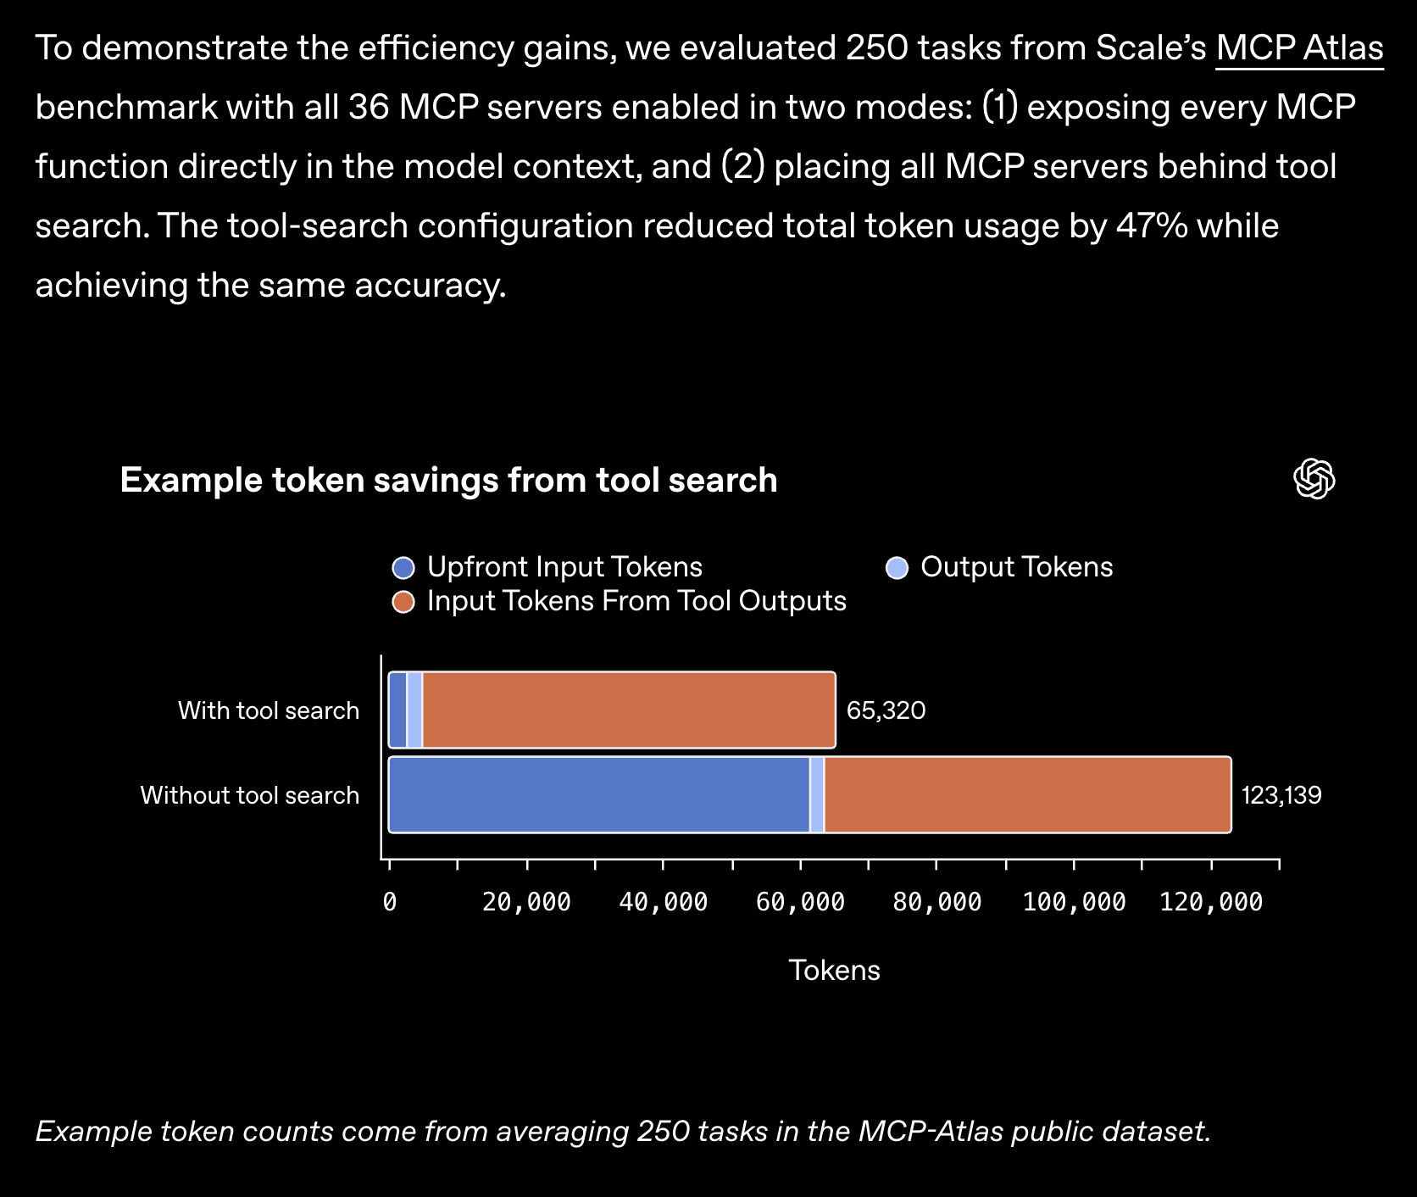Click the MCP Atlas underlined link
point(1299,48)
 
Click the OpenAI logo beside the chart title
point(1314,479)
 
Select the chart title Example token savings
point(448,480)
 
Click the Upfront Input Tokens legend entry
point(548,567)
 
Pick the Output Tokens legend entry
point(1000,567)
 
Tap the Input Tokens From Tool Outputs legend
point(620,601)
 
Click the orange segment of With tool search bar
point(628,710)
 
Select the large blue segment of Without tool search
point(598,795)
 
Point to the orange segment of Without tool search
point(1026,795)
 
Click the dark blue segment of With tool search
point(397,710)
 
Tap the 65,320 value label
point(886,710)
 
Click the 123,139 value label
point(1281,795)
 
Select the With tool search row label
point(268,710)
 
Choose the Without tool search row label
point(249,795)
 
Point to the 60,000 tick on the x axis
point(800,901)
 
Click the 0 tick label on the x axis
point(389,901)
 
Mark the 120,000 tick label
point(1210,901)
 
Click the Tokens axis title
point(834,970)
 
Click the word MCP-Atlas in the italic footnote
point(931,1131)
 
